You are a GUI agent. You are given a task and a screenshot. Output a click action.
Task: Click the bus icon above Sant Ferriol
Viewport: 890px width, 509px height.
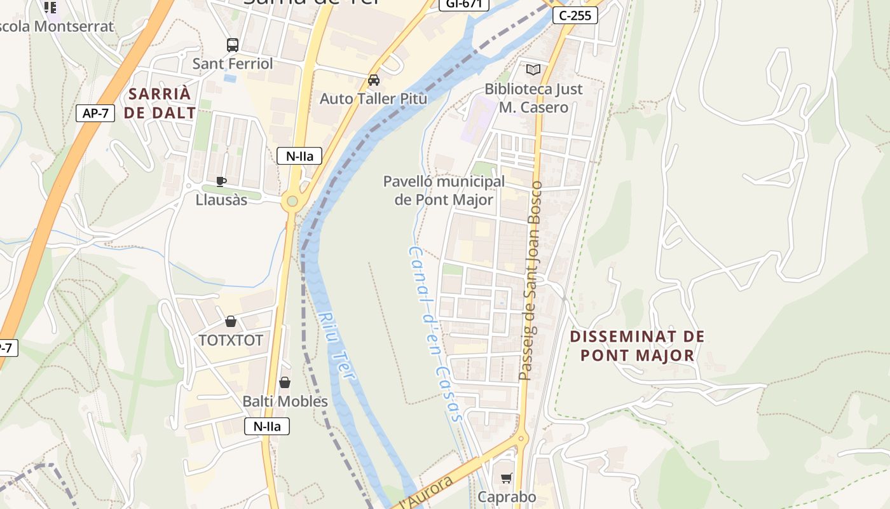tap(233, 45)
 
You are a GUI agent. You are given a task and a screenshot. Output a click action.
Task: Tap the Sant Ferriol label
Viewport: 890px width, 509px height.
tap(233, 64)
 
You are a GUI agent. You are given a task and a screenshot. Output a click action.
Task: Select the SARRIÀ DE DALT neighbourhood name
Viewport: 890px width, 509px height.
tap(160, 103)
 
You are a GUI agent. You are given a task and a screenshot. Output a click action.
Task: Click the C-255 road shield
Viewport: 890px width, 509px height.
tap(575, 15)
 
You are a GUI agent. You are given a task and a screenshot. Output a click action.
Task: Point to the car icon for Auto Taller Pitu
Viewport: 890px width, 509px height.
tap(374, 80)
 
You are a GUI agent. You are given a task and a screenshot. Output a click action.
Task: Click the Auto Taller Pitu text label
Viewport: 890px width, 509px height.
tap(373, 99)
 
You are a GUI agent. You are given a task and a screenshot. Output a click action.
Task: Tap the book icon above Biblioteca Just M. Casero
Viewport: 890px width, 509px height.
tap(533, 70)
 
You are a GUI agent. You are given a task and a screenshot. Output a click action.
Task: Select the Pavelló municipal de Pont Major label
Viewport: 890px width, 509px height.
tap(444, 190)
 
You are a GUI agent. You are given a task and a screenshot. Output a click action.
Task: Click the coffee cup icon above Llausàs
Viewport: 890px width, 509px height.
tap(221, 181)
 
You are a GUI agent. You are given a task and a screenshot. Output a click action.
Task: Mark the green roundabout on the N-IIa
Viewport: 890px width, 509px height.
tap(292, 202)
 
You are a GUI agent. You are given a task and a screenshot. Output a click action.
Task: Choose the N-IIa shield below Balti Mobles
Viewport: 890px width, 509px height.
tap(267, 426)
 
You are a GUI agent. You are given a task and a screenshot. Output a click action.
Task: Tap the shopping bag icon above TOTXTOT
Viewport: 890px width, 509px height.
tap(231, 322)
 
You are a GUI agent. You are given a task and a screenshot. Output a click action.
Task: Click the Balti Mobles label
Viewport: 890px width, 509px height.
tap(285, 401)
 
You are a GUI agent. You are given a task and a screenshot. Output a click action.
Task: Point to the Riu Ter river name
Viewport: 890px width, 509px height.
tap(336, 347)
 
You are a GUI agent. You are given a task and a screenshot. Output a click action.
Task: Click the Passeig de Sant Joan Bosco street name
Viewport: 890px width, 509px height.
tap(530, 281)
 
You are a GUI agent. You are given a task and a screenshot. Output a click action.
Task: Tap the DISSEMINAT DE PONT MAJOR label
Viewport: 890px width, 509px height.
tap(637, 345)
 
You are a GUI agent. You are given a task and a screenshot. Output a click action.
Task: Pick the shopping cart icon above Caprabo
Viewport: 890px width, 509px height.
tap(507, 478)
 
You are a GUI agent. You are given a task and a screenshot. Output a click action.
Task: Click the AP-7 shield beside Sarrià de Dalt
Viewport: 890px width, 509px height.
tap(95, 113)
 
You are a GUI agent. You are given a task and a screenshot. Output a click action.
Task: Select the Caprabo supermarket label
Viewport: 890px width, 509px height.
tap(507, 497)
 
